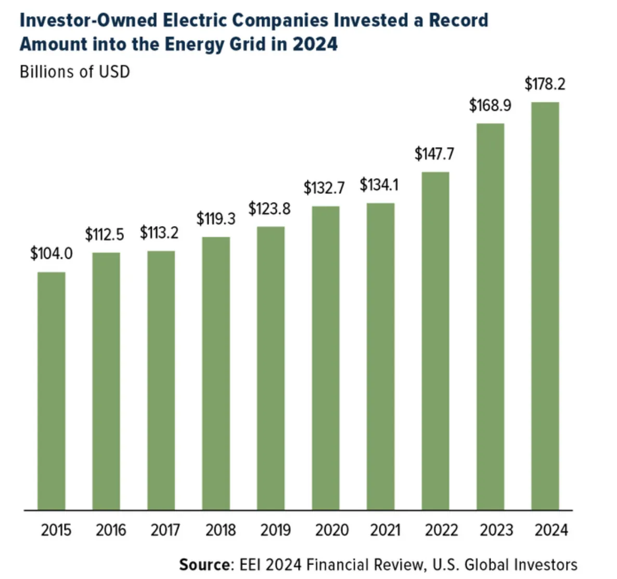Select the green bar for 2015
[x=52, y=390]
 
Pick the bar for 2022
[x=435, y=340]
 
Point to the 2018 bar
[x=216, y=373]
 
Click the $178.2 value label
[x=545, y=84]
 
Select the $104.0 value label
[x=52, y=254]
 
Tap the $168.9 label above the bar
[x=490, y=106]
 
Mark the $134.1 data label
[x=379, y=185]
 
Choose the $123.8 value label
[x=269, y=209]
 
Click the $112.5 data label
[x=105, y=235]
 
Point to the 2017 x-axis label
[x=165, y=530]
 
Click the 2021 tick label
[x=385, y=530]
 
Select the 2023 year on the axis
[x=496, y=530]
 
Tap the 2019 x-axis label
[x=275, y=530]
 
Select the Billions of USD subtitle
[x=75, y=71]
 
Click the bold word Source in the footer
[x=204, y=565]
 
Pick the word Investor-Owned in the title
[x=88, y=20]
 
